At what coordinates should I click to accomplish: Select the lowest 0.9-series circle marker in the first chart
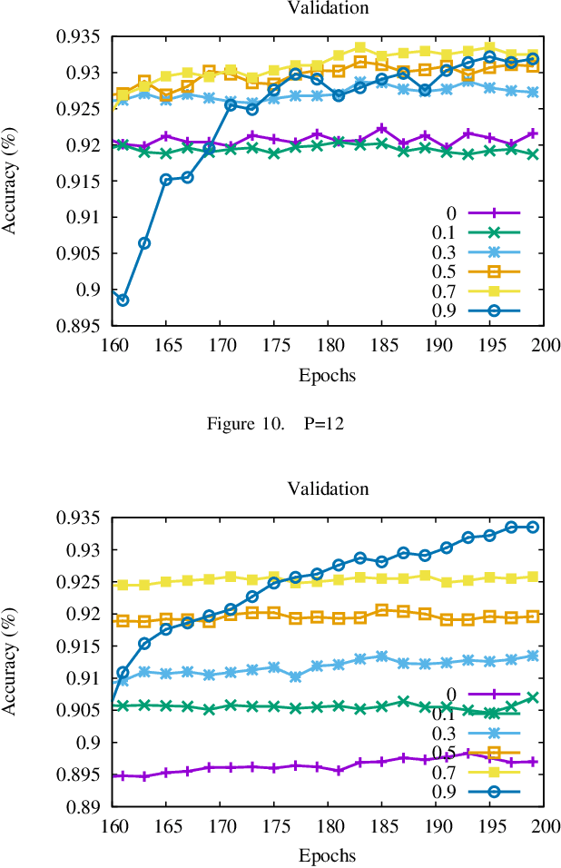point(123,300)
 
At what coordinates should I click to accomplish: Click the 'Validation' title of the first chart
point(328,8)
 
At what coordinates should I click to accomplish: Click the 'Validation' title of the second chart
point(328,489)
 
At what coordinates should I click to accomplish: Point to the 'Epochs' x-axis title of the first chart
point(328,375)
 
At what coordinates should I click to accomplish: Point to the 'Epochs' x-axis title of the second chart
point(328,855)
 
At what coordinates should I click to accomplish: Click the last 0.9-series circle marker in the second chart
point(534,527)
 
